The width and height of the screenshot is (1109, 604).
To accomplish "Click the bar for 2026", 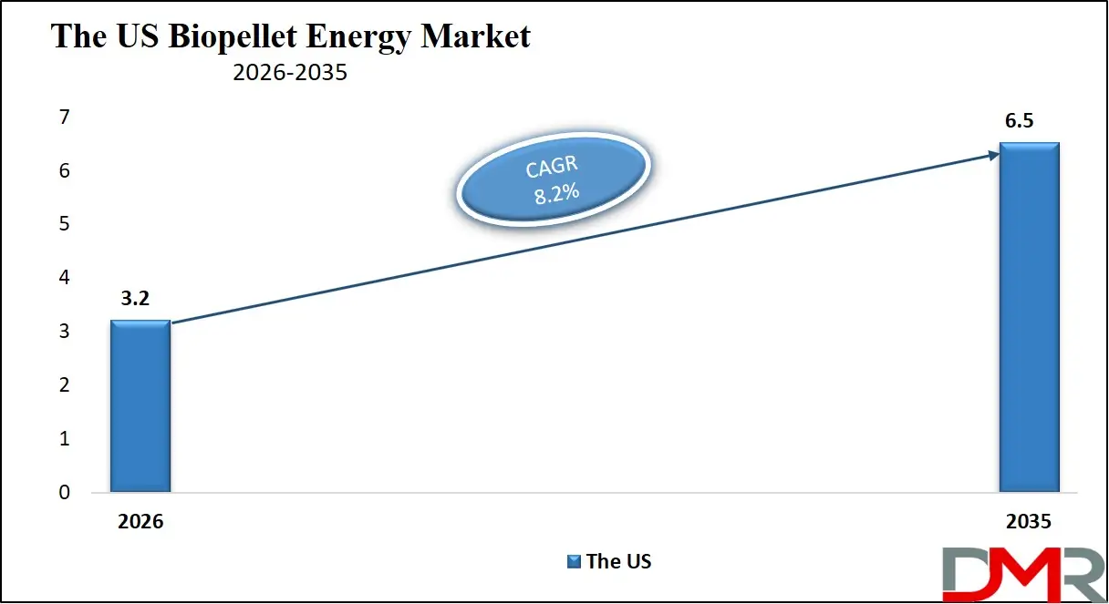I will click(x=140, y=406).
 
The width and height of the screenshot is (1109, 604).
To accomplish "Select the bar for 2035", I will click(x=1029, y=318).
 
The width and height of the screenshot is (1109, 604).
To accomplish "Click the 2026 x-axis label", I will click(x=140, y=522).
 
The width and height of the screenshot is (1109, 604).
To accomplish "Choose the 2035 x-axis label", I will click(x=1029, y=522).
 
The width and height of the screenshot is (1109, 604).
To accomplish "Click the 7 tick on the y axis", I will click(x=64, y=118).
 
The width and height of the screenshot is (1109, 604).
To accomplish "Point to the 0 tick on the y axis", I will click(x=64, y=493).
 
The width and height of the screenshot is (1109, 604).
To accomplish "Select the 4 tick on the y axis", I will click(x=64, y=278).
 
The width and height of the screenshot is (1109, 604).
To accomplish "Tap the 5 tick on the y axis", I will click(x=64, y=224).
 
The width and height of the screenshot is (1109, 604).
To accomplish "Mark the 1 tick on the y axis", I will click(x=64, y=439).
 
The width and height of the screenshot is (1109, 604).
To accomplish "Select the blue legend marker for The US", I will click(x=574, y=561).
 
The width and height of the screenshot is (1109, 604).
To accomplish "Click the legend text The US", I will click(x=619, y=561).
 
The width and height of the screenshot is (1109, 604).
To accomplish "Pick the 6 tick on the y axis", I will click(x=64, y=171).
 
